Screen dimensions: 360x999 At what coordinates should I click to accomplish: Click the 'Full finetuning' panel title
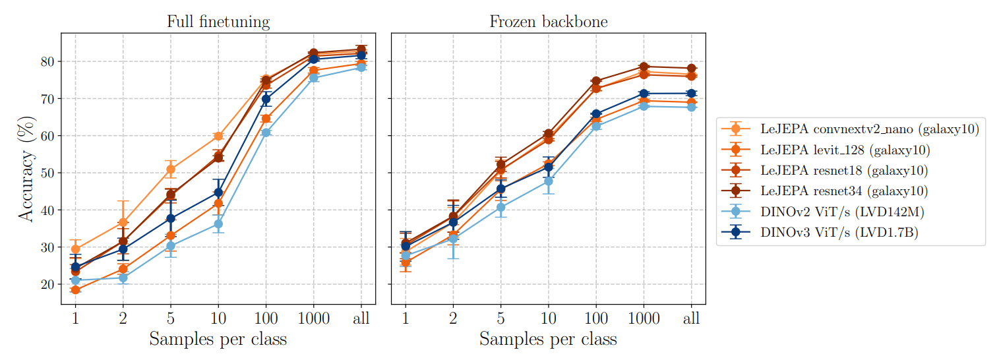pos(218,22)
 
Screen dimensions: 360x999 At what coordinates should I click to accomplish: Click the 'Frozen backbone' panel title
pos(548,22)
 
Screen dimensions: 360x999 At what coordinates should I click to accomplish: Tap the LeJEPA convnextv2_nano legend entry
pos(869,129)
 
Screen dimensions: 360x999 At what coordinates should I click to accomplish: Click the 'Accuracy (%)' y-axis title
pos(24,169)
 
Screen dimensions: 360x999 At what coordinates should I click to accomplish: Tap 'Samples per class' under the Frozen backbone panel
pos(548,339)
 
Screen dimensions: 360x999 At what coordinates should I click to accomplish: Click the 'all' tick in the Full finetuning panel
pos(361,319)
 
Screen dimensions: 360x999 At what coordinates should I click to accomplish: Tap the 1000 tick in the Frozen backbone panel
pos(644,319)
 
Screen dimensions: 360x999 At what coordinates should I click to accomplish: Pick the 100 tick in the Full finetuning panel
pos(266,319)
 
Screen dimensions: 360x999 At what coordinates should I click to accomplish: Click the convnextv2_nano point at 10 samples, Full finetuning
pos(218,136)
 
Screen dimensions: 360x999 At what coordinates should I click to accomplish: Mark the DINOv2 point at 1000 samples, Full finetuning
pos(314,78)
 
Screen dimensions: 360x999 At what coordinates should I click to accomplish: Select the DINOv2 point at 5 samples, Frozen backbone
pos(500,207)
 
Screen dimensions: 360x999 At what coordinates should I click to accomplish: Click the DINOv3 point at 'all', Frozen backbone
pos(691,93)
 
